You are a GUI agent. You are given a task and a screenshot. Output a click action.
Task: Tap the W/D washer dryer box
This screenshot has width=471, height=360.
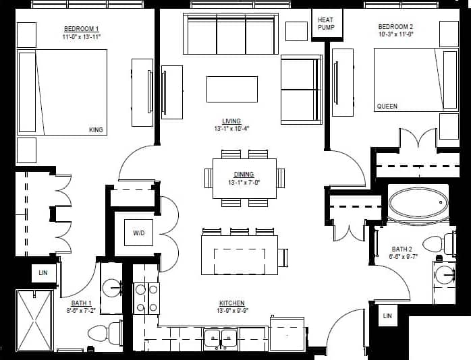pos(138,233)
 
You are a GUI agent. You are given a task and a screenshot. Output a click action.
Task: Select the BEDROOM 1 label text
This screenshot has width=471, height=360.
pos(82,28)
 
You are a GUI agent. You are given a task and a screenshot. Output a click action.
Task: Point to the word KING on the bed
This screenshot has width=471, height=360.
pos(96,129)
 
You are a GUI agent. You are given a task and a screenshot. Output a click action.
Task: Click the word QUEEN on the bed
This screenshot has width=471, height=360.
pos(387,107)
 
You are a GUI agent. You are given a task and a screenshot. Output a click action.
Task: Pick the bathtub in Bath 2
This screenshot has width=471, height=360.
pos(418,202)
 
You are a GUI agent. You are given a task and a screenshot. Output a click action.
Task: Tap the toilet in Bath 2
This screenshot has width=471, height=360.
pos(436,243)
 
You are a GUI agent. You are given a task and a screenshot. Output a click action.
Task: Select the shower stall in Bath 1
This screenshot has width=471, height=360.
pos(34,320)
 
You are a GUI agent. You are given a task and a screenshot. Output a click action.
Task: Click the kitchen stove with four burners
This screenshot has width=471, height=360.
pos(146,298)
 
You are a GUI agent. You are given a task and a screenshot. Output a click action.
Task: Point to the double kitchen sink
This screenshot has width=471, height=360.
pos(221,338)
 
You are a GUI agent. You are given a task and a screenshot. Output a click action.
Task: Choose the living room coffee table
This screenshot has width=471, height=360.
pos(231,89)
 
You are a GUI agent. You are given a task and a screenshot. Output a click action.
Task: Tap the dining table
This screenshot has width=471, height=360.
pos(244,179)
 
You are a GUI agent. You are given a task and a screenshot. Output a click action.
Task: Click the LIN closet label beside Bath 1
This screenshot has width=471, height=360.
pos(43,272)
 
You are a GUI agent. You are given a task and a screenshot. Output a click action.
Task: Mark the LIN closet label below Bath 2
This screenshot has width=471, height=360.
pos(387,316)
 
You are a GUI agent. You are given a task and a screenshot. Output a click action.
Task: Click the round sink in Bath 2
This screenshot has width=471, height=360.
pos(445,275)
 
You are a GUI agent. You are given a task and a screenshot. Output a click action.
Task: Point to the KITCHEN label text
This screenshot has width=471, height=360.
pos(231,303)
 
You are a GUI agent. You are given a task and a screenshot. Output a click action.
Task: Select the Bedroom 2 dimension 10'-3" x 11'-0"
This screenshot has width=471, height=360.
pos(396,34)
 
